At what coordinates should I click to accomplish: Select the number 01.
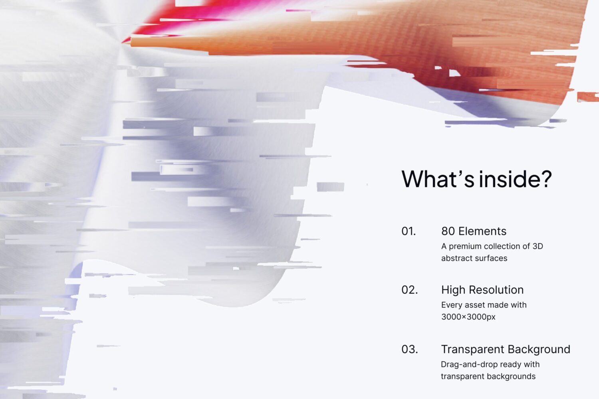tap(409, 231)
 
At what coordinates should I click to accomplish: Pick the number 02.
tap(409, 290)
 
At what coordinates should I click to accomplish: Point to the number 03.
tap(409, 349)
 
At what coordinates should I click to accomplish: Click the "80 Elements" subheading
tap(474, 231)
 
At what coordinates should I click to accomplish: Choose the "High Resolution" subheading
tap(482, 290)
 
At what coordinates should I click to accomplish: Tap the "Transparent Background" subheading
tap(506, 349)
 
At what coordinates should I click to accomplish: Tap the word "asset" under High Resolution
tap(473, 305)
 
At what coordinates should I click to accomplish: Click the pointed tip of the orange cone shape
tap(131, 41)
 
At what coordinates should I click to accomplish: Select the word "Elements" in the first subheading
tap(482, 231)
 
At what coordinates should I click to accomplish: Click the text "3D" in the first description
tap(538, 246)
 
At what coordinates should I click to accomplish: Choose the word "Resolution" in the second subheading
tap(496, 290)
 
